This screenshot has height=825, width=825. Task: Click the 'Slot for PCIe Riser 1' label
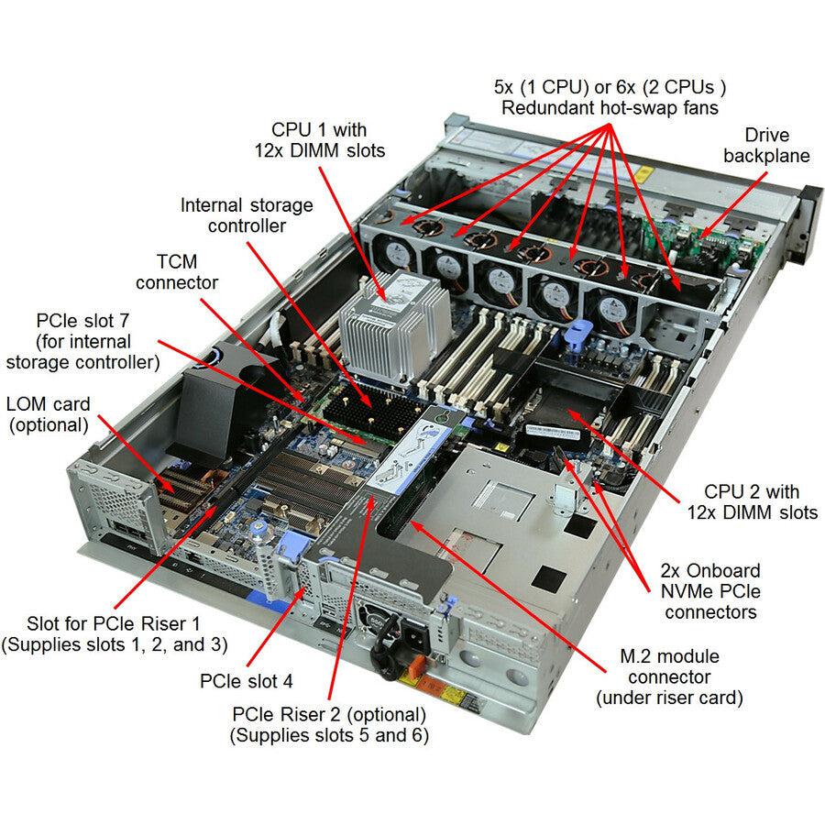[115, 632]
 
